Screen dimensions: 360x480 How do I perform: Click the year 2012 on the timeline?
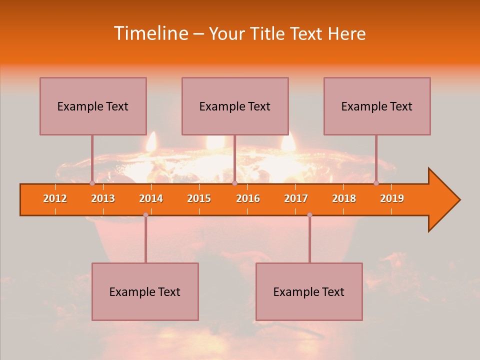(x=55, y=198)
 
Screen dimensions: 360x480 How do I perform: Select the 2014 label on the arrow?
(x=151, y=198)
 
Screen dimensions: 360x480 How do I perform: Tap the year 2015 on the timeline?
(x=199, y=198)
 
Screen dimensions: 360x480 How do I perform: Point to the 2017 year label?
(x=296, y=198)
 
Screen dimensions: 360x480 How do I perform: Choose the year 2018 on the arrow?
(x=344, y=198)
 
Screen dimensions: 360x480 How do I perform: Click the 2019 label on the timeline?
(x=392, y=198)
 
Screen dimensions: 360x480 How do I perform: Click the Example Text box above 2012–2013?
(x=93, y=106)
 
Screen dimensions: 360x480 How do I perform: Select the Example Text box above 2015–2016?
(x=235, y=106)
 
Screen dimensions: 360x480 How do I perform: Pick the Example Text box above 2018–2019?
(x=377, y=106)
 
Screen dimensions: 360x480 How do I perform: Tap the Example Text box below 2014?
(x=145, y=291)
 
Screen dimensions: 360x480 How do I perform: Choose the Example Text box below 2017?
(x=309, y=291)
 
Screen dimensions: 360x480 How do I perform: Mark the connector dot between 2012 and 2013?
(x=92, y=183)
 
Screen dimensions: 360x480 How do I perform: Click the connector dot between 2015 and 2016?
(x=234, y=183)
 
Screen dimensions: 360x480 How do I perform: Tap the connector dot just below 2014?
(x=145, y=214)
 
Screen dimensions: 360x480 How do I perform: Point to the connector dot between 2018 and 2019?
(x=376, y=183)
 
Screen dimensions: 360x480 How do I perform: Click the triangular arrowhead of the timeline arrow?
(x=443, y=200)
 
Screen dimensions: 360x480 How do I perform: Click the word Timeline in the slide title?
(x=150, y=33)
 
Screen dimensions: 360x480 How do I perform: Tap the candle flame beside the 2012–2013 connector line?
(x=151, y=142)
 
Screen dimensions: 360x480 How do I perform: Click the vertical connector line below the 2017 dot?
(x=309, y=240)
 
